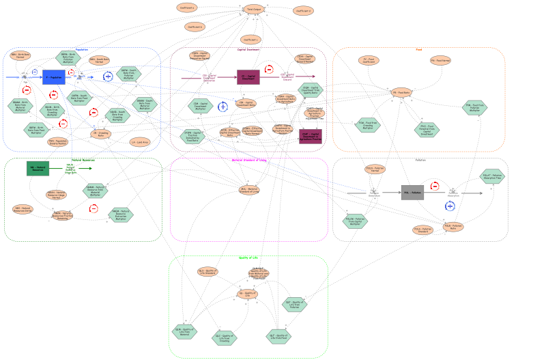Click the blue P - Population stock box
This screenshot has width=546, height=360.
click(53, 77)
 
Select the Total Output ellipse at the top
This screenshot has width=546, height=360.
click(254, 10)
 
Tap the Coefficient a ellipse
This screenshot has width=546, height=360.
click(187, 8)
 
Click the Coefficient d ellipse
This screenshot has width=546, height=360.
click(303, 11)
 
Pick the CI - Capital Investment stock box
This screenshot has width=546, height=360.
click(248, 77)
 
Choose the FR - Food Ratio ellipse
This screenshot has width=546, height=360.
click(401, 92)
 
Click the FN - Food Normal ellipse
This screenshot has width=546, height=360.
click(440, 60)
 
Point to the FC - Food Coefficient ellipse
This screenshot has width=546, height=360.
click(369, 60)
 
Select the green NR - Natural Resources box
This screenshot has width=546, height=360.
click(38, 168)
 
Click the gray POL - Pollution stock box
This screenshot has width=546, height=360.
click(412, 193)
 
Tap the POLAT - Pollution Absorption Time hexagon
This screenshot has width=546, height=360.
click(492, 176)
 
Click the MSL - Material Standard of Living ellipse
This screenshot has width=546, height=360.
click(249, 190)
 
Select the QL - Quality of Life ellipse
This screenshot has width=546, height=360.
click(247, 294)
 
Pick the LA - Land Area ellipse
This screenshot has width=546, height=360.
click(139, 142)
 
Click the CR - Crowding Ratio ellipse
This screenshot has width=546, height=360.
click(100, 134)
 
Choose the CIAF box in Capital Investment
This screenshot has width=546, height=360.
click(310, 137)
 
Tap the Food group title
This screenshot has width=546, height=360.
click(419, 49)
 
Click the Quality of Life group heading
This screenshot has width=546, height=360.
click(248, 258)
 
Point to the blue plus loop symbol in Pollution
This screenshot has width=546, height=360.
click(450, 206)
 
